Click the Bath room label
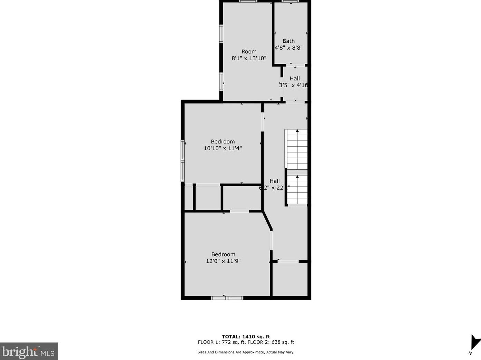pyautogui.click(x=288, y=41)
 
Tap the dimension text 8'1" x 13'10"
pyautogui.click(x=249, y=58)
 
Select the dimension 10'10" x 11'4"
pyautogui.click(x=223, y=148)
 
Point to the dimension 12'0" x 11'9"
pyautogui.click(x=223, y=261)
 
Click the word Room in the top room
pyautogui.click(x=249, y=52)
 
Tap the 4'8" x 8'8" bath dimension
pyautogui.click(x=288, y=48)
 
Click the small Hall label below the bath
pyautogui.click(x=295, y=79)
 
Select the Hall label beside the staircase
pyautogui.click(x=275, y=181)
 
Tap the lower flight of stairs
pyautogui.click(x=297, y=190)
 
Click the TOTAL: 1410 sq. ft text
pyautogui.click(x=246, y=337)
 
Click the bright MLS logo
pyautogui.click(x=29, y=351)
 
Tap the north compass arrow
pyautogui.click(x=475, y=342)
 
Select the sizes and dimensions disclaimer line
pyautogui.click(x=246, y=352)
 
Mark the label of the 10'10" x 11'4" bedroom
pyautogui.click(x=223, y=142)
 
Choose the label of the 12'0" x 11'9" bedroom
pyautogui.click(x=223, y=254)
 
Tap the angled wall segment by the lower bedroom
pyautogui.click(x=267, y=221)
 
